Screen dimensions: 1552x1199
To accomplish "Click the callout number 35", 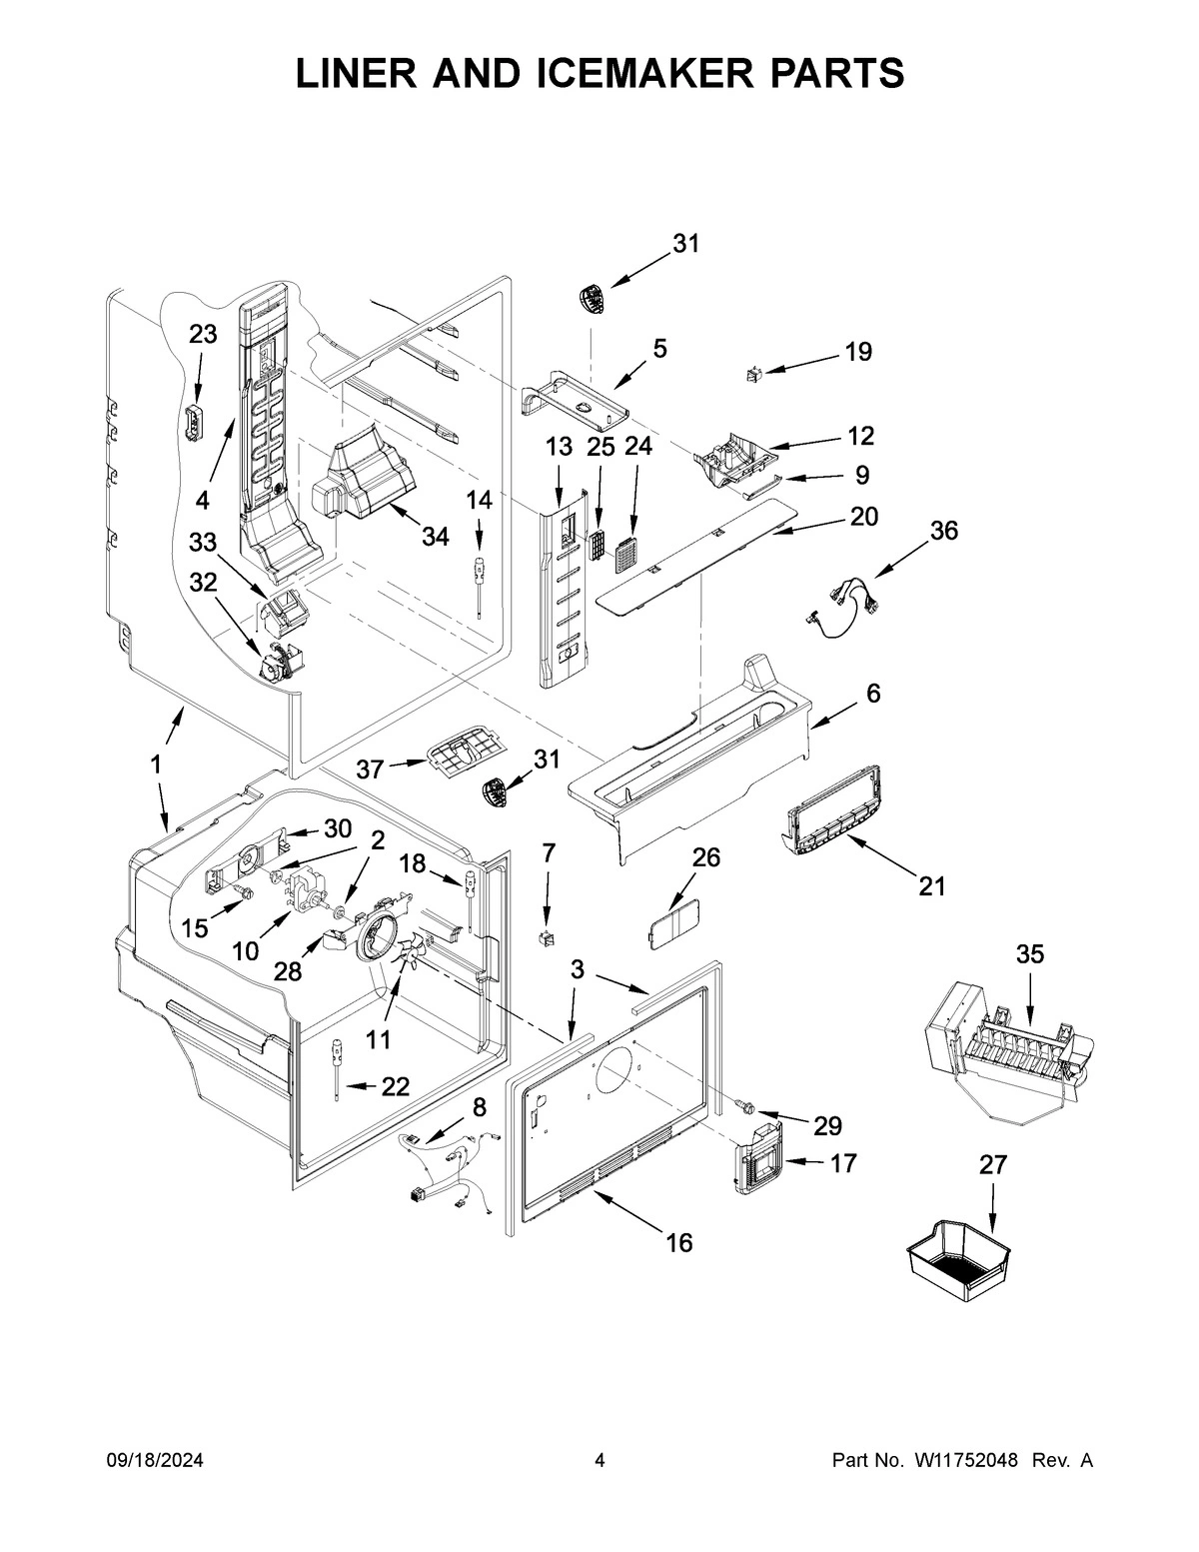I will coord(1029,954).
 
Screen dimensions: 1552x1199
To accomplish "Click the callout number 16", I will coord(678,1242).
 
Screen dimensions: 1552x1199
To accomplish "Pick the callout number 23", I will coord(203,335).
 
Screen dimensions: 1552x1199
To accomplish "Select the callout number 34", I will coord(434,537).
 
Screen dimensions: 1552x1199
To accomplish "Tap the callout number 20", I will coord(863,517).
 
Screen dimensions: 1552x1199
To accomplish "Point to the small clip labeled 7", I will coord(546,938).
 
